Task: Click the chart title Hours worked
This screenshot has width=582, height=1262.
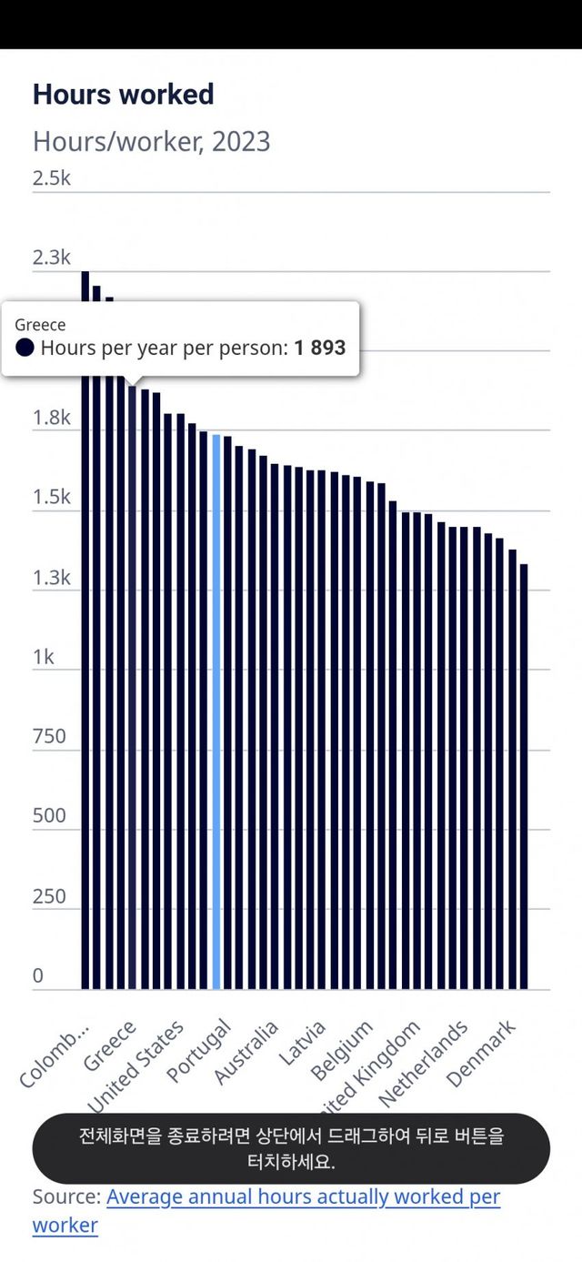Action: (x=124, y=95)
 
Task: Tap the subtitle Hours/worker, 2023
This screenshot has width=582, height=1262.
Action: (x=151, y=142)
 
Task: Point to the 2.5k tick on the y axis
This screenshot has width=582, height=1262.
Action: (x=52, y=177)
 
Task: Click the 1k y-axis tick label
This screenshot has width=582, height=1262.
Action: (x=44, y=657)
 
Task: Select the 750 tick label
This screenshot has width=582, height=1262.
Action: (x=49, y=736)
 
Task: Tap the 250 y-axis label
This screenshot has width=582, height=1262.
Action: (x=49, y=896)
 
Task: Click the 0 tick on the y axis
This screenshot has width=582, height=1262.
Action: (x=38, y=976)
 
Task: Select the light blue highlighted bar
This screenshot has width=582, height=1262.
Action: (x=216, y=710)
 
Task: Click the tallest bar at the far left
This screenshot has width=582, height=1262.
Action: (x=85, y=637)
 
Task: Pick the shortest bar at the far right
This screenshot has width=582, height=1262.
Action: (x=524, y=773)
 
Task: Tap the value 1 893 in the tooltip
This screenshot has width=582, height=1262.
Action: (x=319, y=348)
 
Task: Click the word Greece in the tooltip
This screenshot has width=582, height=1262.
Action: (x=40, y=325)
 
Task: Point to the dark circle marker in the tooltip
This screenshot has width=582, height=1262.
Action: (x=25, y=348)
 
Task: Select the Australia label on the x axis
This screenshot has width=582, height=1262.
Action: (x=246, y=1053)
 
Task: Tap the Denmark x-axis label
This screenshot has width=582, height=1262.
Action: (x=482, y=1054)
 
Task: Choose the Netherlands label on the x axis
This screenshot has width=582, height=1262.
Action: (x=424, y=1063)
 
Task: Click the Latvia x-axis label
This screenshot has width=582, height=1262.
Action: (x=302, y=1044)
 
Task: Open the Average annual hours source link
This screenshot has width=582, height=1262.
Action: (x=303, y=1196)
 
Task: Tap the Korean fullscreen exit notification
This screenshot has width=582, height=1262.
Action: (x=291, y=1149)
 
